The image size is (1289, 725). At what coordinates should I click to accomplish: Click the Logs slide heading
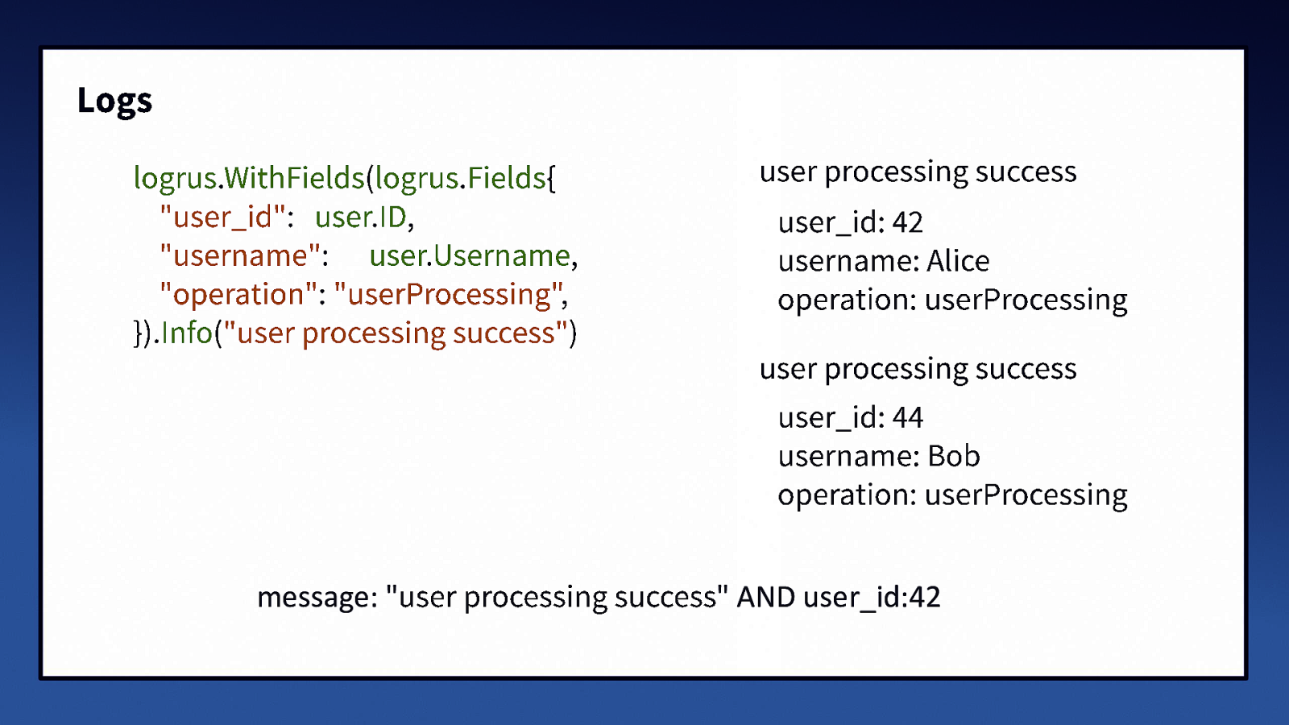114,101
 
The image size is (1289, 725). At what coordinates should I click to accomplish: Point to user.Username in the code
470,255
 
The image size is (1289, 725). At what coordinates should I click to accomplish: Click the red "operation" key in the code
238,294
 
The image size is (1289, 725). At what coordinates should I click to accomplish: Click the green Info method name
187,333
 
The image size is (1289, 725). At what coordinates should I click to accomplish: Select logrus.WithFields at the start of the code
249,177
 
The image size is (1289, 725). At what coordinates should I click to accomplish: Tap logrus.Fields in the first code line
461,177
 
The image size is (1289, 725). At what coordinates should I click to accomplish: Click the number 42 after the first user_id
907,222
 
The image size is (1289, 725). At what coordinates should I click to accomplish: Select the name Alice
958,261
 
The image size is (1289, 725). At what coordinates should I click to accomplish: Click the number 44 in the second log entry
907,417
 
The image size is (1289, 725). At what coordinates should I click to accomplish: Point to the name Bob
954,456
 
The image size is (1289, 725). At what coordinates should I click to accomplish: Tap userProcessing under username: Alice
1026,300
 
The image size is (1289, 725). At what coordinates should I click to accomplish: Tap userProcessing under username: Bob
1026,495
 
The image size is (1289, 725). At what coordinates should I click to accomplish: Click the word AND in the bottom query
765,597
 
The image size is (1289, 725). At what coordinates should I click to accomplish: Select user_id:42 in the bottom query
872,597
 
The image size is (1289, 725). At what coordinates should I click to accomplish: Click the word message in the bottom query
313,597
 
